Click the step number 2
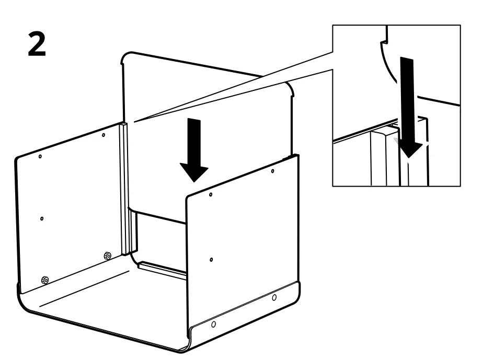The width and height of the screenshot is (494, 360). pos(37,44)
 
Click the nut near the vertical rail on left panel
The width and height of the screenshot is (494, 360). pos(107,256)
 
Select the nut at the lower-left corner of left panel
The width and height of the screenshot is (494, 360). pos(45,281)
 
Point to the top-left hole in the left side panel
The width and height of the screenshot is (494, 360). pos(40,156)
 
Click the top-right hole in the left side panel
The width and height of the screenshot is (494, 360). pos(104,135)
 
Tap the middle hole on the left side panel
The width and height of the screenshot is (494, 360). pos(42,218)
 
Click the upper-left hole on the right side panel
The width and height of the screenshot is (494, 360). pos(211,194)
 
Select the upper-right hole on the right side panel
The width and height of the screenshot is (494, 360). pos(273,171)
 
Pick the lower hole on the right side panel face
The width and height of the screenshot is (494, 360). pos(211,260)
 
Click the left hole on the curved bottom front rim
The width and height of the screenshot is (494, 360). pos(213,324)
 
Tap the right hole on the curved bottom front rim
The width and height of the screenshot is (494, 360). pos(274,298)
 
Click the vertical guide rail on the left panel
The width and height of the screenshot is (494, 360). pos(124,188)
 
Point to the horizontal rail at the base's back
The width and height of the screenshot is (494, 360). pos(162,269)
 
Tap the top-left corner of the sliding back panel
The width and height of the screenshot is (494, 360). pos(125,55)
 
